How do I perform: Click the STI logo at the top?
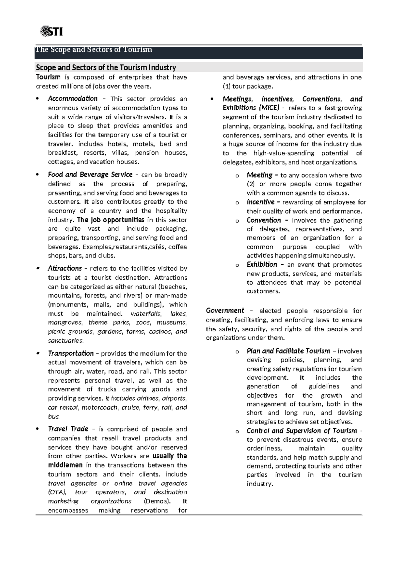(51, 31)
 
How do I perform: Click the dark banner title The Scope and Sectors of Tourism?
(94, 50)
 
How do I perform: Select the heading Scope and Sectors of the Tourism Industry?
(106, 68)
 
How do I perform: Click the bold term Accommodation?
(73, 99)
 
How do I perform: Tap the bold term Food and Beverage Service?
(90, 175)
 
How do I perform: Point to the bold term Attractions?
(65, 268)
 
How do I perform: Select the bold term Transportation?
(71, 353)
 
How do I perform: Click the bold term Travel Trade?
(68, 429)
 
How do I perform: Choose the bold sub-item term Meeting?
(259, 175)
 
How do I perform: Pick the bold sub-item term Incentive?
(261, 202)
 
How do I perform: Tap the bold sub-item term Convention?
(264, 220)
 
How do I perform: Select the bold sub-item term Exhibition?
(262, 264)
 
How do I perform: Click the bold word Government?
(225, 311)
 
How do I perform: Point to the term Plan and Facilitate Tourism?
(288, 351)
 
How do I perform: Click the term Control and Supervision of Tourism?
(301, 431)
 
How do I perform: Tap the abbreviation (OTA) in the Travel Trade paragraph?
(57, 492)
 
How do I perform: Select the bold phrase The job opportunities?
(110, 220)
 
